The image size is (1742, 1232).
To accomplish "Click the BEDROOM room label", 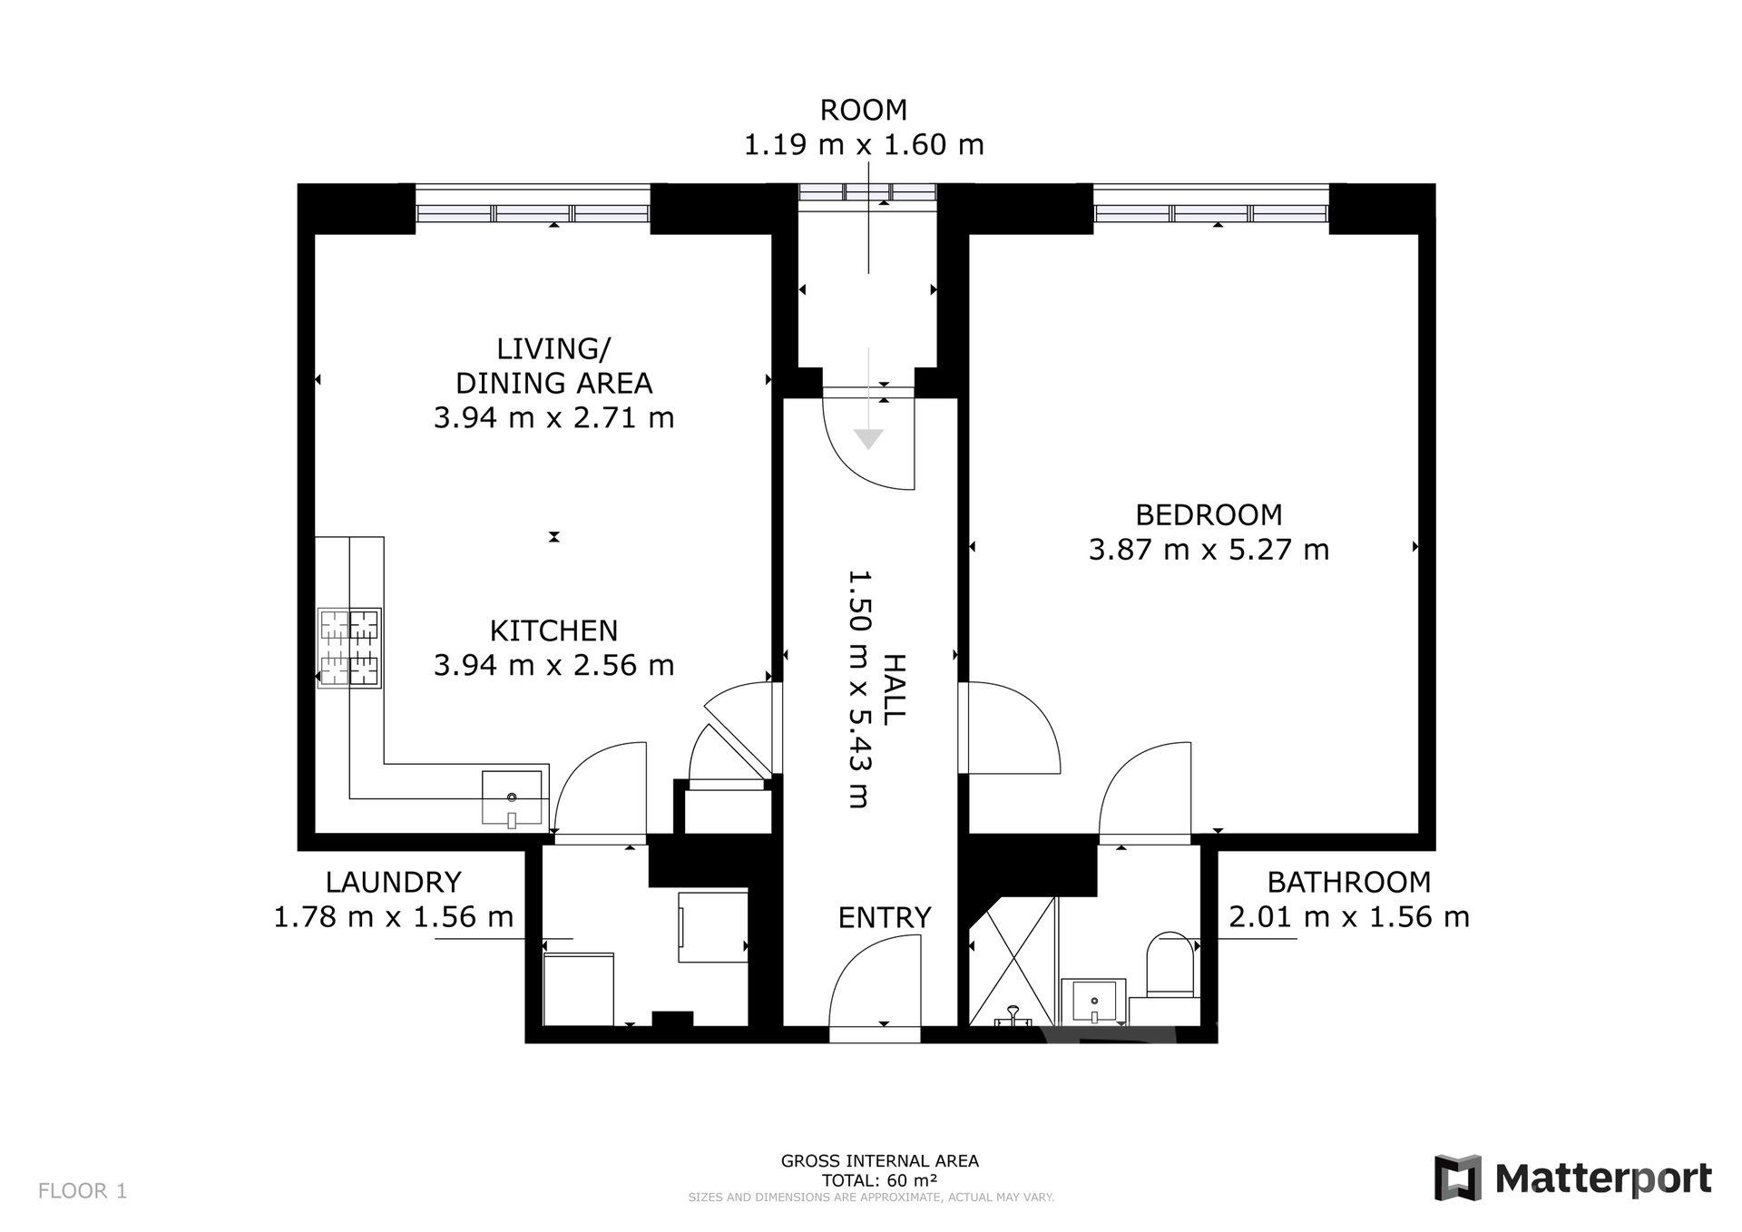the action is pos(1209,515).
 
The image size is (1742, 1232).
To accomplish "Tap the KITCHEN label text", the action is pos(553,631).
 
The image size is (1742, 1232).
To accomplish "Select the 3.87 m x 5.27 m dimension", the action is pos(1209,550).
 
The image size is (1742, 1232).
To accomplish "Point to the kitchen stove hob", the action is pos(349,648).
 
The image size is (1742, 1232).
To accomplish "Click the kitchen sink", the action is pos(512,797).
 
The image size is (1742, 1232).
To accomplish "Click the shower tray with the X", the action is pos(1013,962).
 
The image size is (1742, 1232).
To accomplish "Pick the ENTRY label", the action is pos(885,918).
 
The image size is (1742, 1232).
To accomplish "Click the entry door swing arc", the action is pos(857,962).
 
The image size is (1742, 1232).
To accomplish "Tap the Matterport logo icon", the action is pos(1457,1178).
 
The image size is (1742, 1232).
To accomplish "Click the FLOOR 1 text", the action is pos(83,1191).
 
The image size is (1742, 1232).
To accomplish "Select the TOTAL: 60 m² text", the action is pos(879,1180).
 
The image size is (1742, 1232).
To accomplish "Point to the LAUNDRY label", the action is pos(394,882).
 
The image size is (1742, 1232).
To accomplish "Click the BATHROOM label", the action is pos(1349,882).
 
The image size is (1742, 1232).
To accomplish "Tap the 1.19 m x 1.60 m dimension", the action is pos(864,145).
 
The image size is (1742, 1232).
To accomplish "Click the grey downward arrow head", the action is pos(869,439).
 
